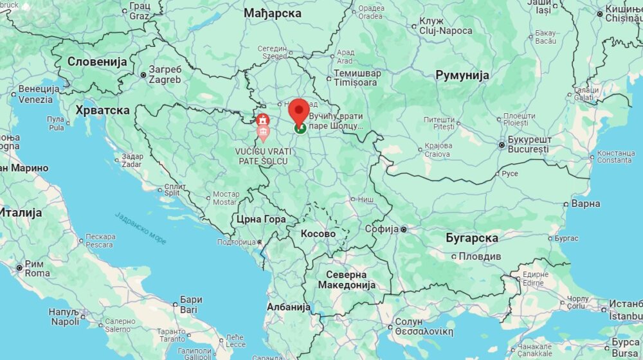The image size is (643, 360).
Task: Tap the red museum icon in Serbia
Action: click(262, 120)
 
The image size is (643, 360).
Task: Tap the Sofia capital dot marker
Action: click(404, 229)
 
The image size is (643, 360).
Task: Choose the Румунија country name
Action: click(462, 75)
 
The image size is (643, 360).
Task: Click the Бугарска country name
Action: click(472, 238)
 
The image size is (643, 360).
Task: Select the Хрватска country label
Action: click(103, 110)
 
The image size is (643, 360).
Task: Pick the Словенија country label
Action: click(98, 62)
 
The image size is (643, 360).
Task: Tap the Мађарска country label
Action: click(273, 13)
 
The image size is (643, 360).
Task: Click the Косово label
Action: click(318, 234)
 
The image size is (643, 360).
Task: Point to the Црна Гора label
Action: click(261, 219)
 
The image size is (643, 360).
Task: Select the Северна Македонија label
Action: click(350, 280)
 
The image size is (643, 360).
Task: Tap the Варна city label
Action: click(586, 204)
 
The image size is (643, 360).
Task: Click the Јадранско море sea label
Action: click(141, 228)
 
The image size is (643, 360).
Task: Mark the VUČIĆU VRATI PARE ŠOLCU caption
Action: click(264, 155)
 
